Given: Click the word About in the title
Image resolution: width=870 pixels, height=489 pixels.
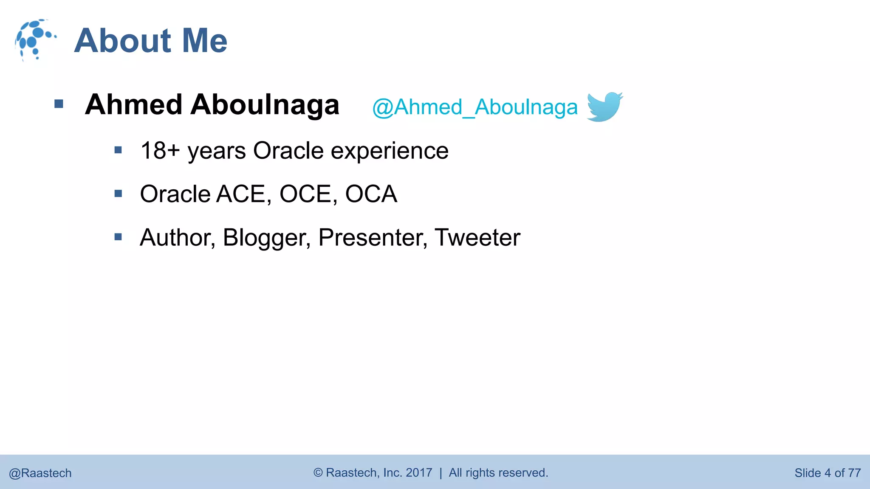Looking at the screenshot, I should pyautogui.click(x=123, y=41).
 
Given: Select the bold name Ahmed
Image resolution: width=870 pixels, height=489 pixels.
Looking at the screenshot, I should pyautogui.click(x=133, y=104).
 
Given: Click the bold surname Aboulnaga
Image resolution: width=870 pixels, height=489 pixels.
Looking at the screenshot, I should pyautogui.click(x=265, y=104).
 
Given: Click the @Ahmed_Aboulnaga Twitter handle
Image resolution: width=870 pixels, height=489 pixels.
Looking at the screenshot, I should pyautogui.click(x=475, y=107).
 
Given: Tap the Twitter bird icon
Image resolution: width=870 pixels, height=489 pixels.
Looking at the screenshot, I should pyautogui.click(x=604, y=107).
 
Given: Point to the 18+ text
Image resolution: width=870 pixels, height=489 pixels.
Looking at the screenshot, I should pyautogui.click(x=160, y=151).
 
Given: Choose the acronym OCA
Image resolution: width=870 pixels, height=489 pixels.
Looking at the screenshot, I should pyautogui.click(x=371, y=194).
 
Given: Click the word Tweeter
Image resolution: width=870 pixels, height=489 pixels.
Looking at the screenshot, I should pyautogui.click(x=477, y=238).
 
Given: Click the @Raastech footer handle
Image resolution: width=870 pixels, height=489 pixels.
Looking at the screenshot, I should pyautogui.click(x=40, y=473).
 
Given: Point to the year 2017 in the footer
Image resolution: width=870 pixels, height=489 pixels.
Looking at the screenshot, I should pyautogui.click(x=419, y=472).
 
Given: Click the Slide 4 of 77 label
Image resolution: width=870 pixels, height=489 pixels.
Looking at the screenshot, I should pyautogui.click(x=827, y=473).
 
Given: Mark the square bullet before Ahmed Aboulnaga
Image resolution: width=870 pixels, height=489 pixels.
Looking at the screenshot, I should pyautogui.click(x=59, y=104).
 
